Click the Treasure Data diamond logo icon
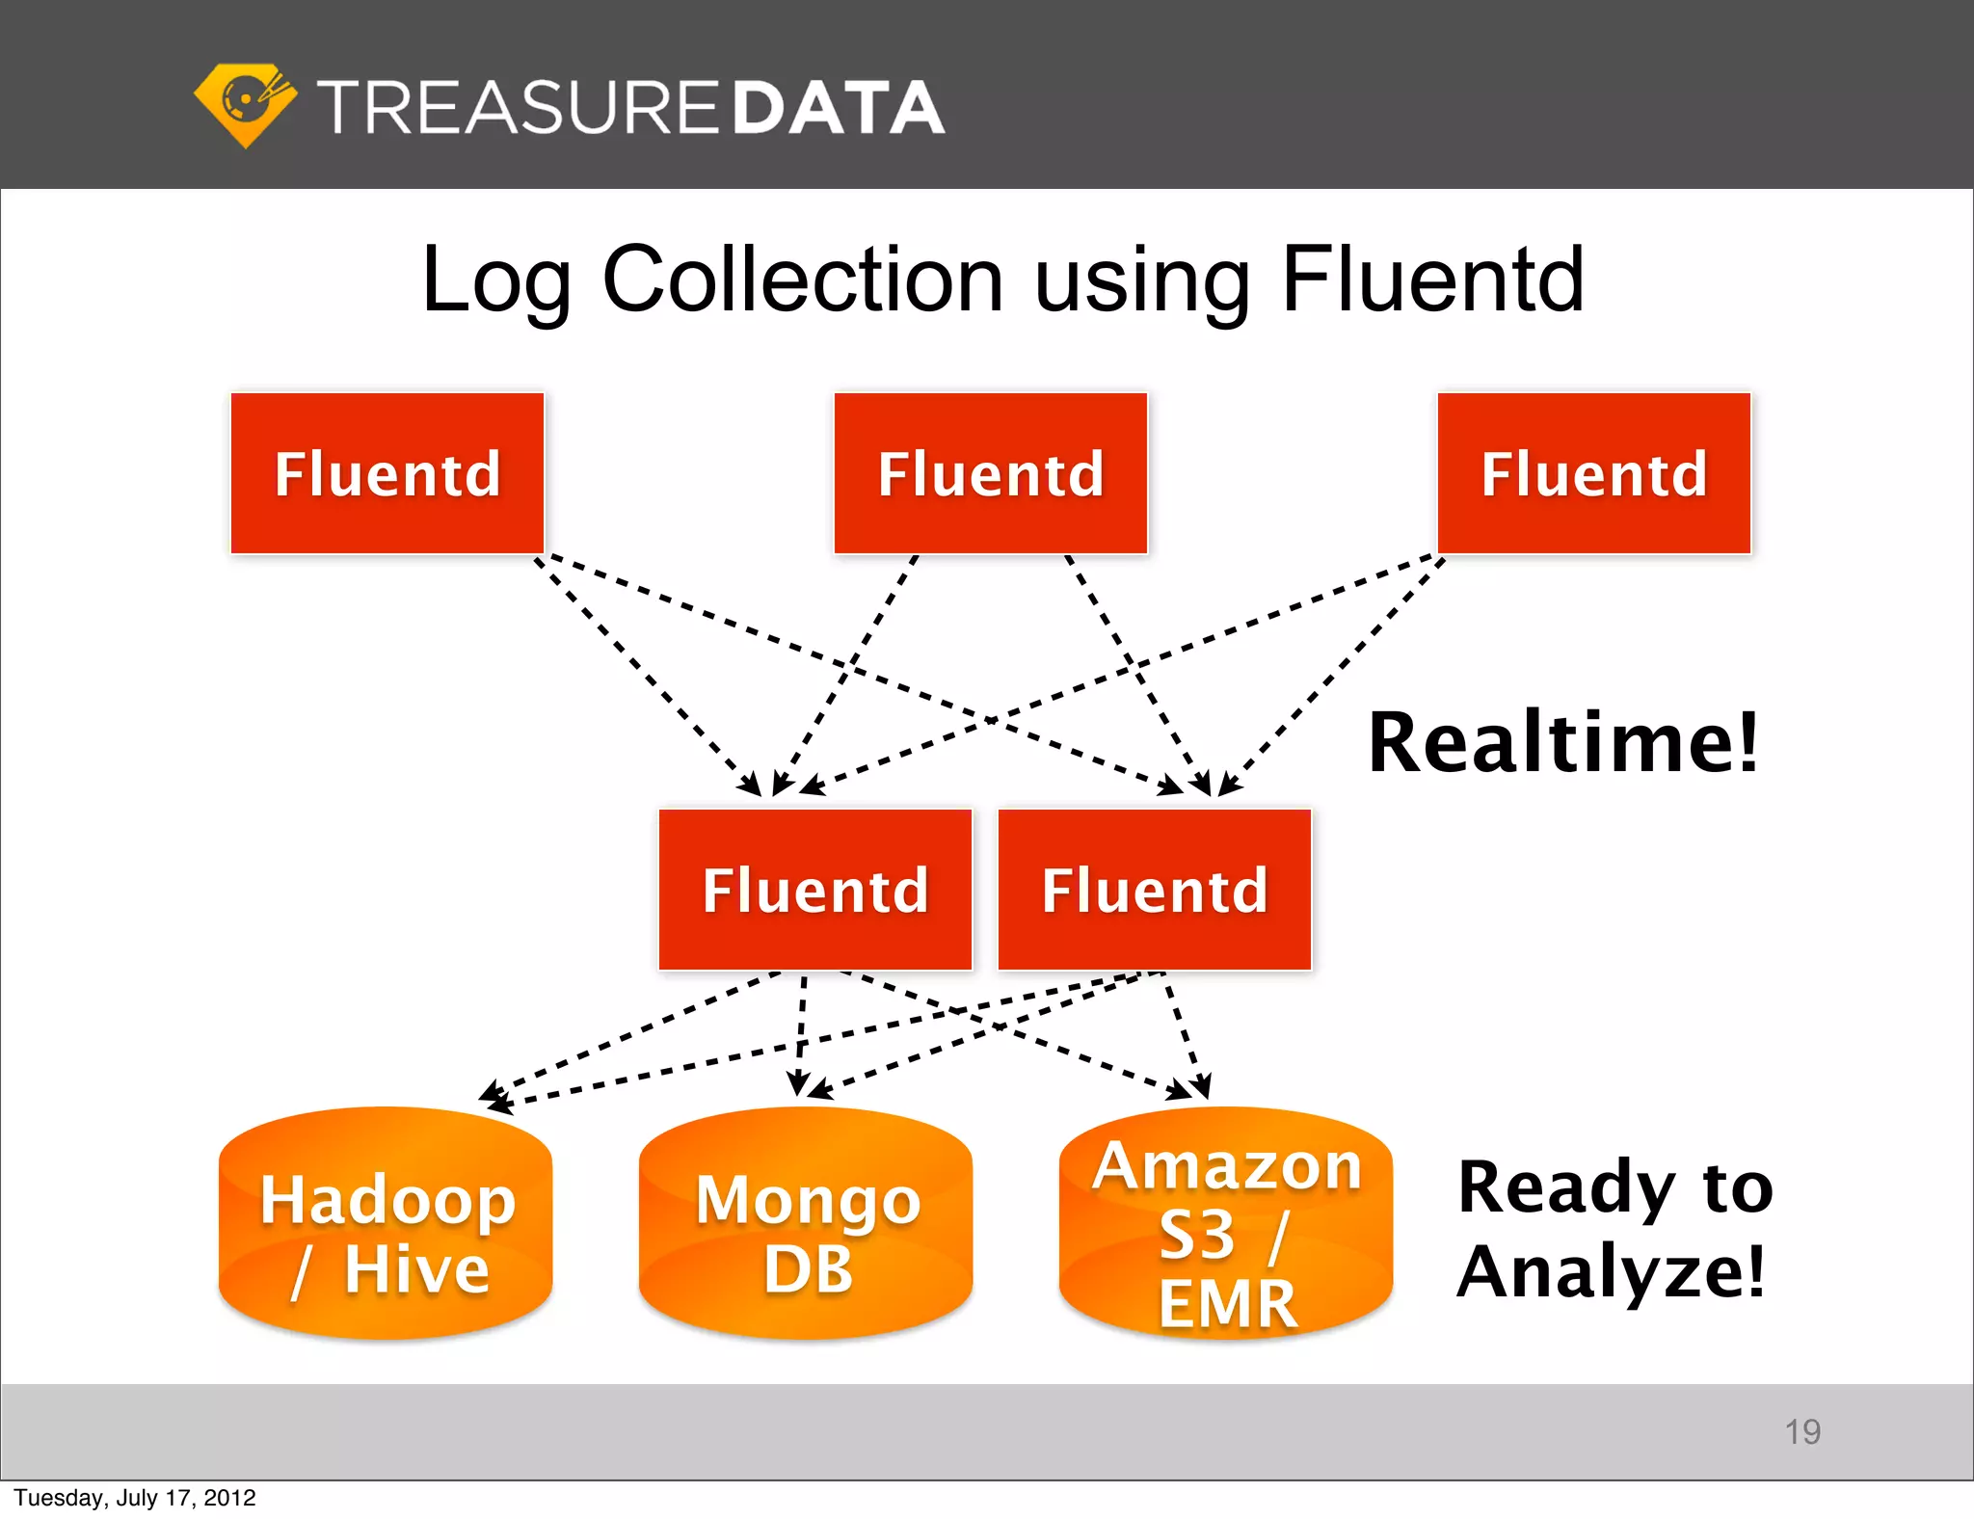[x=245, y=104]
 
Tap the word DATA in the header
[x=838, y=107]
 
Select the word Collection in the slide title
[x=803, y=280]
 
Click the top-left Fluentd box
[x=387, y=473]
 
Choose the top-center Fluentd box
[x=991, y=473]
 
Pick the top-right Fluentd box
[x=1594, y=473]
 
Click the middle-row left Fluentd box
[x=815, y=890]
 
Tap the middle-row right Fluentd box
[x=1155, y=890]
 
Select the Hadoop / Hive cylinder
[x=386, y=1224]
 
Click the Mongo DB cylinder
[x=806, y=1224]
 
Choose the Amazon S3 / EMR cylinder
[x=1226, y=1224]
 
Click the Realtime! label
[x=1563, y=742]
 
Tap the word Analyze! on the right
[x=1611, y=1272]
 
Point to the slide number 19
[x=1801, y=1431]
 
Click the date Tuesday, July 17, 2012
[x=135, y=1498]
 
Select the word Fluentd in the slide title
[x=1432, y=280]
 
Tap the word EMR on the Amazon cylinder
[x=1227, y=1304]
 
